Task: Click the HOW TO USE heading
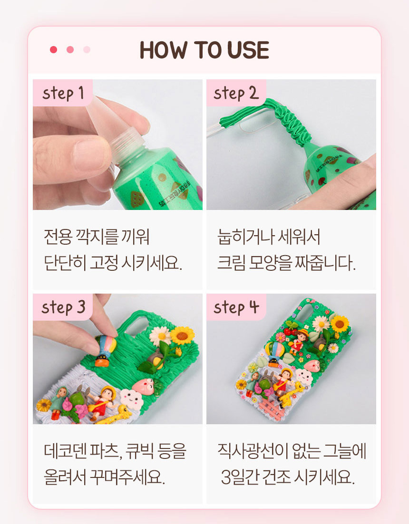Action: (x=204, y=50)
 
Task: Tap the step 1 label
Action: (x=62, y=93)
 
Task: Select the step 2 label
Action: (x=236, y=93)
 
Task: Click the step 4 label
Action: (x=236, y=307)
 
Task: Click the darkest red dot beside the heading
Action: (x=54, y=50)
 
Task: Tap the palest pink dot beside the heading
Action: (x=87, y=50)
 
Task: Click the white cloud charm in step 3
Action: (x=132, y=398)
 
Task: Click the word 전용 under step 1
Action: (x=58, y=236)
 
